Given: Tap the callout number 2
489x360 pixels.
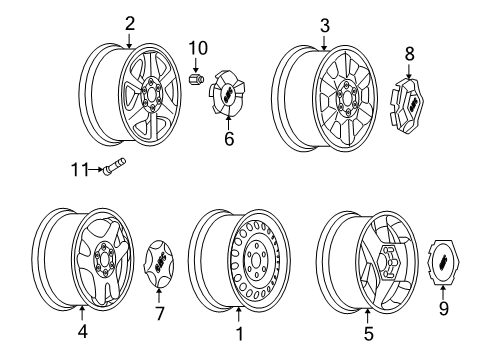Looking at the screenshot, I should click(x=129, y=23).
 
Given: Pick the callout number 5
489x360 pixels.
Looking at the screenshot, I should click(x=368, y=334).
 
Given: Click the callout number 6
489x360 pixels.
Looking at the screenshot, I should click(x=228, y=141).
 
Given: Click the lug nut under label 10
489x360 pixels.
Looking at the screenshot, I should click(x=197, y=77).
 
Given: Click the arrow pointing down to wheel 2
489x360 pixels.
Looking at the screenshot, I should click(x=129, y=38).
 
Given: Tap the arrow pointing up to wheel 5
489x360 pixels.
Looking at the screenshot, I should click(x=368, y=316).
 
